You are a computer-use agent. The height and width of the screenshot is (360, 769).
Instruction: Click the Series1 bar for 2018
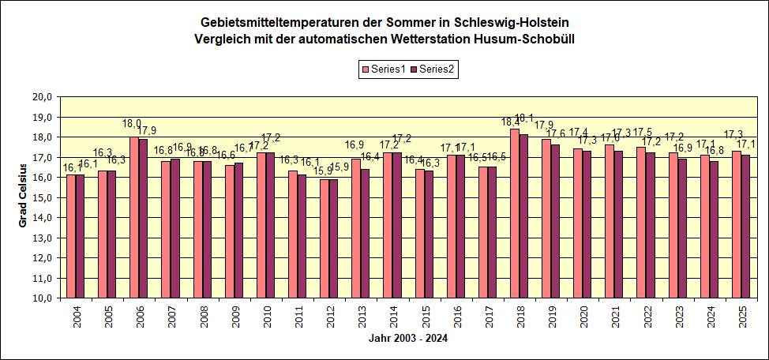tap(515, 213)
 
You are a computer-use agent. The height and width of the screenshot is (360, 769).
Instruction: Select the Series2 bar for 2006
tap(143, 219)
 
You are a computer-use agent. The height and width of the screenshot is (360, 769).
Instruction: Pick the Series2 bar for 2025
tap(746, 227)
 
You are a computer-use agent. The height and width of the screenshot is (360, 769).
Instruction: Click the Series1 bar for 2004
tap(71, 237)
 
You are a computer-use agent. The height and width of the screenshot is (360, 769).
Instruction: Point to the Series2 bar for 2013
tap(365, 234)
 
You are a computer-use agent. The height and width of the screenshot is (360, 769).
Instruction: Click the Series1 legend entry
tap(384, 69)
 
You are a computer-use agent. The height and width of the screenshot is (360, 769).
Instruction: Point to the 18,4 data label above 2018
tap(510, 122)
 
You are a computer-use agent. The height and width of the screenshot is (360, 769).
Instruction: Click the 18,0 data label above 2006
tap(131, 125)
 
